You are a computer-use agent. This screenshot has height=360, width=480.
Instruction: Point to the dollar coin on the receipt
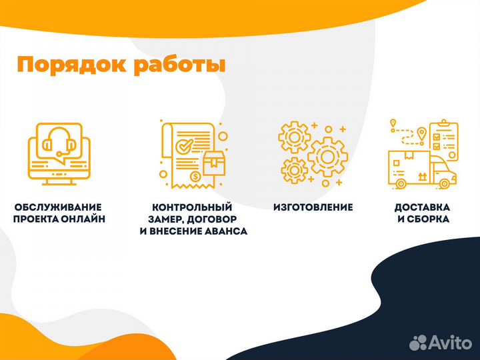tap(195, 177)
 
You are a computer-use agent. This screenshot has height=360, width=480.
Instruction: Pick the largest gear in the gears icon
tap(327, 156)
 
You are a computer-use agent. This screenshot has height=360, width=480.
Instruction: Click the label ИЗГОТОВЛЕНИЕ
tap(313, 207)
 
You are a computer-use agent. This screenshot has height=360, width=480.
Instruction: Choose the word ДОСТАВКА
tap(421, 207)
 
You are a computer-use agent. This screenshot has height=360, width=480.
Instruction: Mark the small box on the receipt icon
tap(213, 162)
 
